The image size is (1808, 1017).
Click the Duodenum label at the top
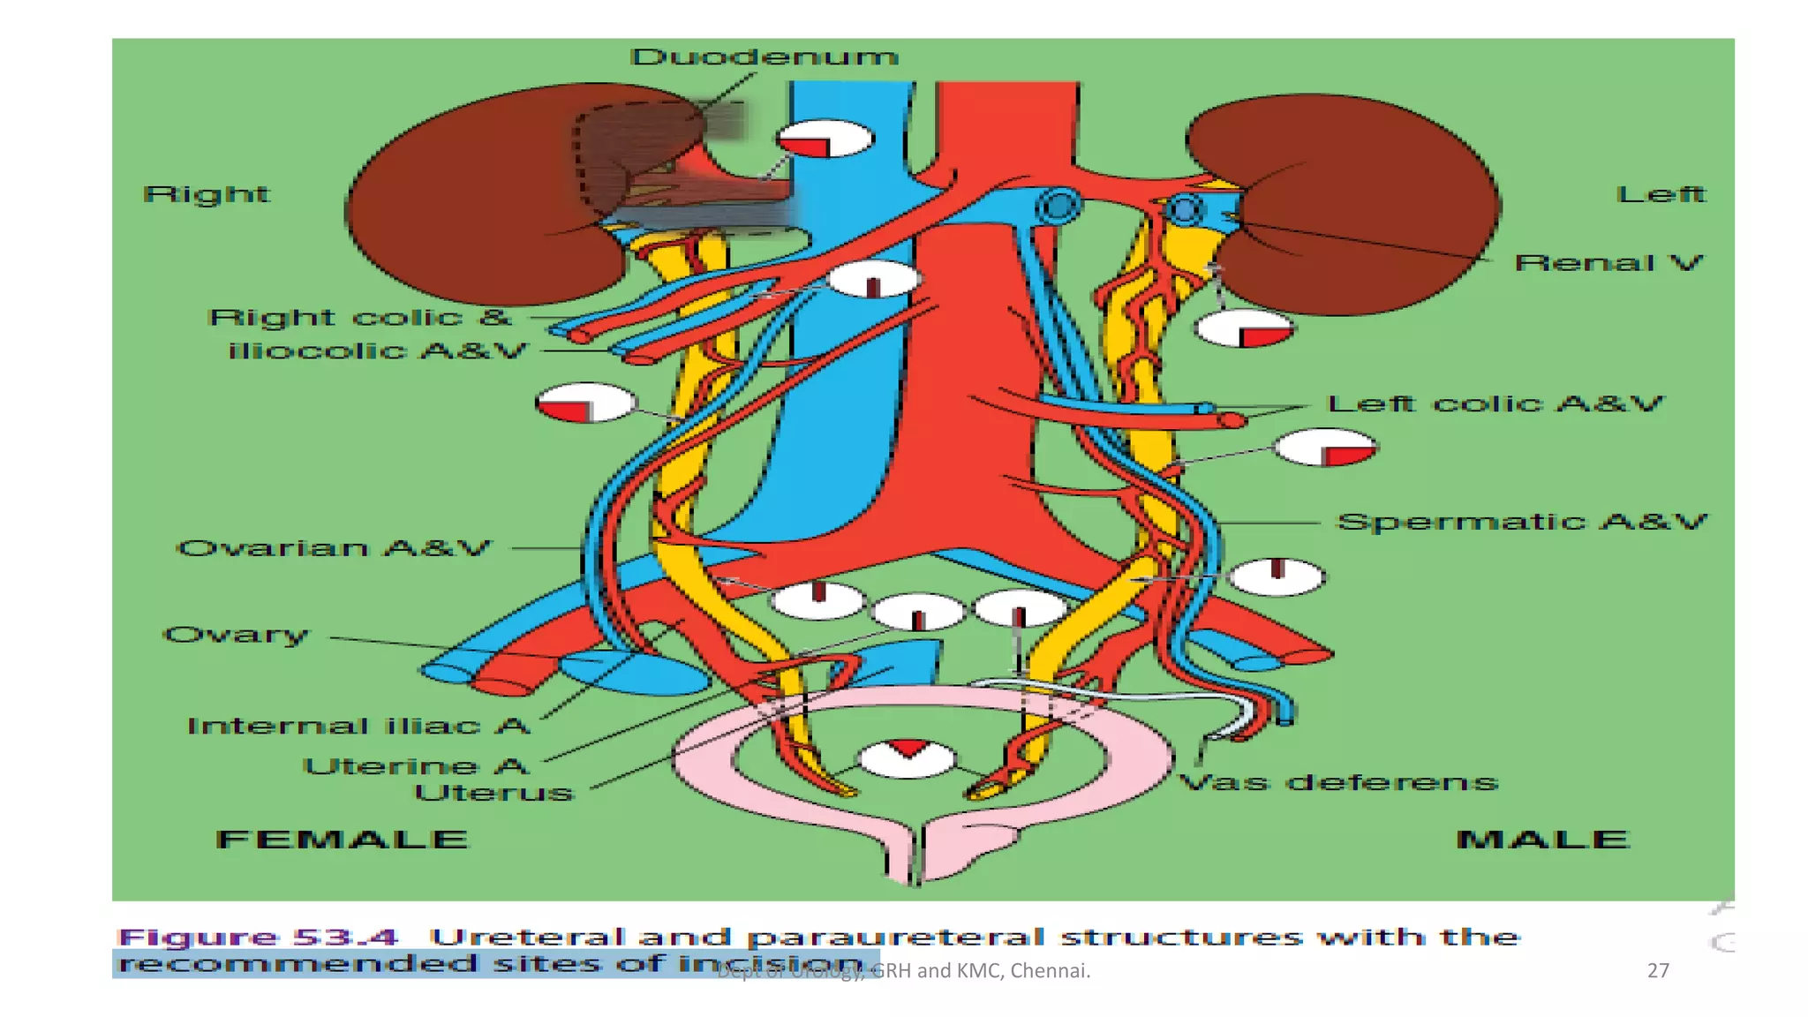click(x=765, y=57)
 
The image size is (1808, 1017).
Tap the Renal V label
click(x=1608, y=263)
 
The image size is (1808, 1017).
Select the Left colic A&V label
click(x=1495, y=404)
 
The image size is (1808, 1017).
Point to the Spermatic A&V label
click(x=1522, y=522)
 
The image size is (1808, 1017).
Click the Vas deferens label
click(x=1339, y=782)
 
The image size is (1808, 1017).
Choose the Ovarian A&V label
click(x=334, y=548)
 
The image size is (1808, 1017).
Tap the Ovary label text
click(x=237, y=635)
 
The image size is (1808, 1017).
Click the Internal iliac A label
click(x=358, y=726)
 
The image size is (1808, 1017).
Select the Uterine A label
click(x=416, y=765)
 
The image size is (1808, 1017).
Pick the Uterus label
click(x=494, y=792)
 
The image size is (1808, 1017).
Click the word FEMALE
click(x=342, y=839)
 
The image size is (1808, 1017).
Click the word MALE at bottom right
click(x=1541, y=839)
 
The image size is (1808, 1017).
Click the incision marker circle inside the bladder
click(x=907, y=758)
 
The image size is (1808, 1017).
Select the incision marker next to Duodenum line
click(x=825, y=139)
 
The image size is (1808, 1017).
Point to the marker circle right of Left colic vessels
click(x=1325, y=448)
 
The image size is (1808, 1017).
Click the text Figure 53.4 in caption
click(x=258, y=937)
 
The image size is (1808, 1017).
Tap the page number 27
click(x=1657, y=970)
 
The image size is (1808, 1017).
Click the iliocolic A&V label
click(x=377, y=351)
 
